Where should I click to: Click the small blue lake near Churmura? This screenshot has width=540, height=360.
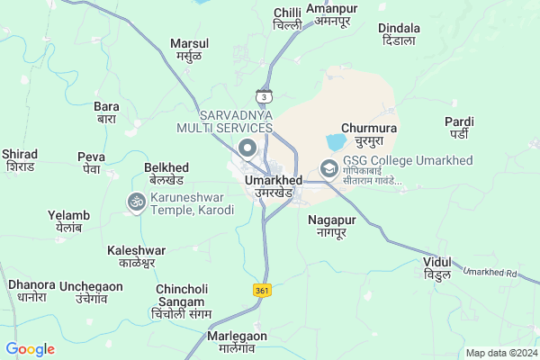335,142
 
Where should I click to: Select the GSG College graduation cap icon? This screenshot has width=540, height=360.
329,168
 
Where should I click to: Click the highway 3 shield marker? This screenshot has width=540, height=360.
264,96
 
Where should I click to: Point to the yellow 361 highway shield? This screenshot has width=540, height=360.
261,290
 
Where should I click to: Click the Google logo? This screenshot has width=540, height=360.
30,349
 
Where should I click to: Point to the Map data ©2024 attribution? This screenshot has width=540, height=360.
499,353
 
